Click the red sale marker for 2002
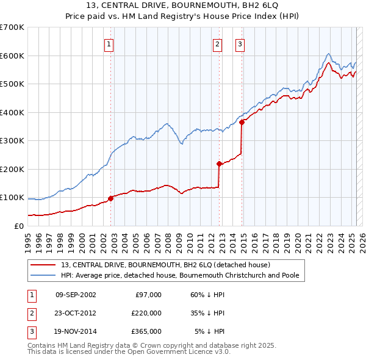(111, 198)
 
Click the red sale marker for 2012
(219, 164)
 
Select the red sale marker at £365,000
(242, 122)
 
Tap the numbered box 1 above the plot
(108, 43)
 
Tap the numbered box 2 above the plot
(217, 43)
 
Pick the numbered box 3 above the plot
(240, 43)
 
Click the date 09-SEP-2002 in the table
(76, 295)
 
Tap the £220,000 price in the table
(146, 313)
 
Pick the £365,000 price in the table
(146, 331)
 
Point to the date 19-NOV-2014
(76, 331)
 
